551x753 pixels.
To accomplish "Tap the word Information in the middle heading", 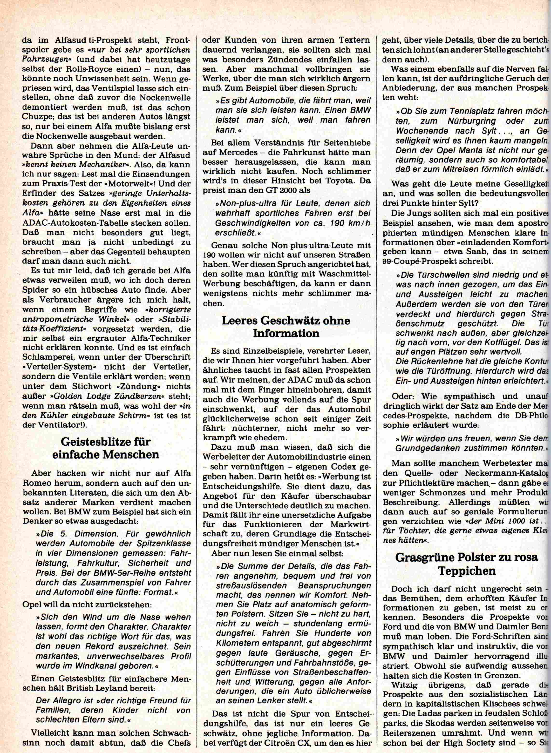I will click(x=286, y=333).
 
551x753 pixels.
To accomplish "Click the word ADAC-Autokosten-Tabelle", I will click(x=77, y=222).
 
